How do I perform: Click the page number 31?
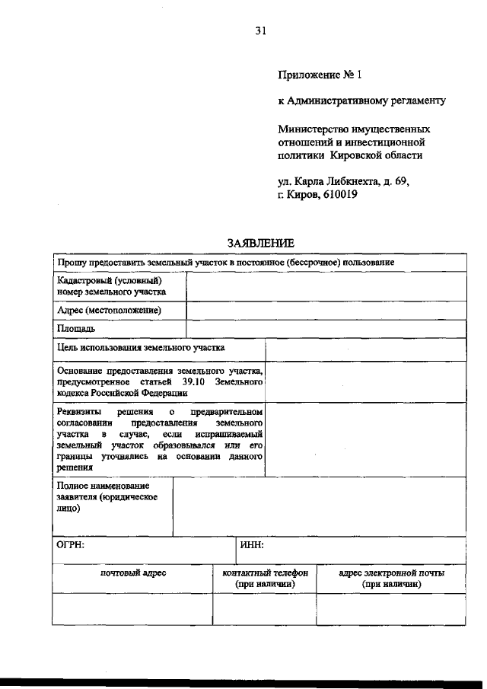coord(260,31)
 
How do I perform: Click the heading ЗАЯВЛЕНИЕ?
coord(260,243)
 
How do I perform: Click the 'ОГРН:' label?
coord(71,545)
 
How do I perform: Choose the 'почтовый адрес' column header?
coord(133,573)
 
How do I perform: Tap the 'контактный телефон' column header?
coord(265,573)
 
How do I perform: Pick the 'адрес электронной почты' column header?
coord(391,573)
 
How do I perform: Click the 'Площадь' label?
coord(76,329)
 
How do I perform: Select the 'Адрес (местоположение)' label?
coord(110,311)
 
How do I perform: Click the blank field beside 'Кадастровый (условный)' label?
coord(326,286)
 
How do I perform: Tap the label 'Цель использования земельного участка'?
coord(142,347)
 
